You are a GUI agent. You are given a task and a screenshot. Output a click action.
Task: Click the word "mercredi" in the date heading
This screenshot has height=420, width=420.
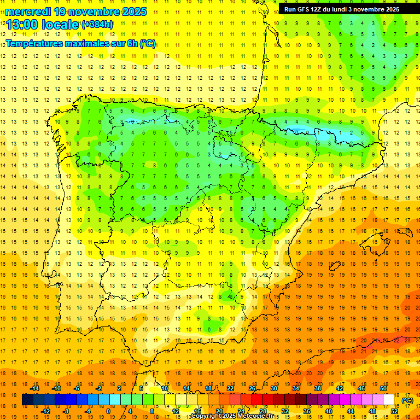tap(28, 11)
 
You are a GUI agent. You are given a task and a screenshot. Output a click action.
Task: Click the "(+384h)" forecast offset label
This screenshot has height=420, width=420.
tap(97, 25)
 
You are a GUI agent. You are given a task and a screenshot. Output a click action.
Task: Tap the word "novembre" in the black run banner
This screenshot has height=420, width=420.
tap(368, 9)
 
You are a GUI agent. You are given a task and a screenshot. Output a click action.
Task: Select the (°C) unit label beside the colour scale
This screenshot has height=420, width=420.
tap(407, 400)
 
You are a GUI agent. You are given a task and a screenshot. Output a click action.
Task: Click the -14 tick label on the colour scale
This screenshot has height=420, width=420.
tap(35, 388)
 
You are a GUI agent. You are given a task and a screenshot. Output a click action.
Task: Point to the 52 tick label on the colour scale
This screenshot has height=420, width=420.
tap(395, 411)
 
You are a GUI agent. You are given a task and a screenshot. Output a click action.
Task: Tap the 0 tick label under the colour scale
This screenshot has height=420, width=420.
tap(108, 411)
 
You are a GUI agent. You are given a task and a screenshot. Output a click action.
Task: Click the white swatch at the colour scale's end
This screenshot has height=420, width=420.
tap(389, 400)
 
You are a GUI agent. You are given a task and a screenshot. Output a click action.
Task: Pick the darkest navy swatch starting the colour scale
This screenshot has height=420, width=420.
tap(27, 400)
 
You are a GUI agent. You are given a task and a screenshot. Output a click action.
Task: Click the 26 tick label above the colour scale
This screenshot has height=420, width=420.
tap(252, 388)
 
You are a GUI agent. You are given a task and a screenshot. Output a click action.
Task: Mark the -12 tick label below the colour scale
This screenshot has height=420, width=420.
tap(45, 411)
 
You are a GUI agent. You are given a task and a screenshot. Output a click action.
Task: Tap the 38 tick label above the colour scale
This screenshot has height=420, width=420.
tap(317, 388)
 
